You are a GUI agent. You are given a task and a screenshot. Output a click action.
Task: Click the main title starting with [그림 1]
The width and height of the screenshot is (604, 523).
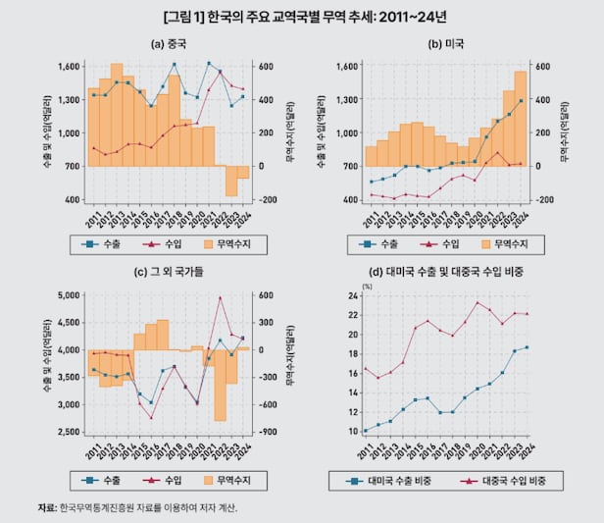[x=301, y=17]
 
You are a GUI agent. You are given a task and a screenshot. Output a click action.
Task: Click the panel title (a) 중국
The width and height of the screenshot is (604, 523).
[x=169, y=44]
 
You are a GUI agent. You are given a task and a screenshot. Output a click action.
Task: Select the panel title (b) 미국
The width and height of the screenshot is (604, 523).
[x=446, y=44]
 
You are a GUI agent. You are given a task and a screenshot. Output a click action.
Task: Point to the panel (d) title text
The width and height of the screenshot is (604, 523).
[x=446, y=274]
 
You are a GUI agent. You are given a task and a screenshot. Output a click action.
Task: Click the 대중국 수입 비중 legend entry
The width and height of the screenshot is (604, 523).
[x=506, y=481]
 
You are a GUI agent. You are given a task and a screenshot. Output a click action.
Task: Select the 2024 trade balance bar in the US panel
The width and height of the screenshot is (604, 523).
[x=521, y=118]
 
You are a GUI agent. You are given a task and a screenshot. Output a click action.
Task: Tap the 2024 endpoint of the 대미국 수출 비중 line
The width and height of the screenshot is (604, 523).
[x=527, y=347]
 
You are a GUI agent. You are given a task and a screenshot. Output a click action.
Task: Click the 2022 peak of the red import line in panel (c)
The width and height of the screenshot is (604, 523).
[x=221, y=297]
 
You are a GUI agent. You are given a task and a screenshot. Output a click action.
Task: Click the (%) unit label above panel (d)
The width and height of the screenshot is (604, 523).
[x=368, y=286]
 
